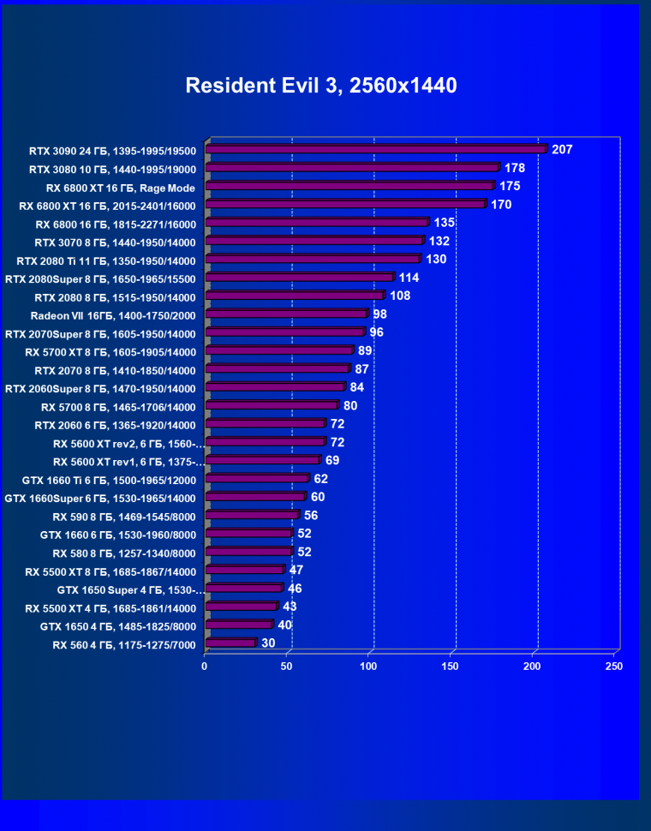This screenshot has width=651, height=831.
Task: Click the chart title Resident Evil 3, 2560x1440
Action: click(x=321, y=86)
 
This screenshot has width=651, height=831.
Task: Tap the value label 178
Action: click(x=515, y=168)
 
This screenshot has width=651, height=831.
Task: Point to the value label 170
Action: click(x=501, y=205)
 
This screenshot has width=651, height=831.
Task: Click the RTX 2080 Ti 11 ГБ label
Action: click(x=106, y=260)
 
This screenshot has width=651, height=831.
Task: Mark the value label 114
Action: click(x=409, y=278)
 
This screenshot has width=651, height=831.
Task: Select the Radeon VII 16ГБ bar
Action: click(x=287, y=314)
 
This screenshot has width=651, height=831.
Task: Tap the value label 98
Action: click(x=379, y=314)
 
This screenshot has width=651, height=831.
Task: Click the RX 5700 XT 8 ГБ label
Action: click(x=110, y=352)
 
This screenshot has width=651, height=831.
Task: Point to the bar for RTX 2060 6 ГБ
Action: click(x=266, y=424)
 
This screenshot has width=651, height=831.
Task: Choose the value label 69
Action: click(x=332, y=461)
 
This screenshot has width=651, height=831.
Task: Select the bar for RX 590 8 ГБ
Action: click(x=252, y=516)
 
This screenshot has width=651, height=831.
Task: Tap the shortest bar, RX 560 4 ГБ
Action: click(x=230, y=643)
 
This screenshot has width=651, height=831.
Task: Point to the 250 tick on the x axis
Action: click(x=613, y=666)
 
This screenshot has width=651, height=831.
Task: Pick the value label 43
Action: click(x=290, y=607)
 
